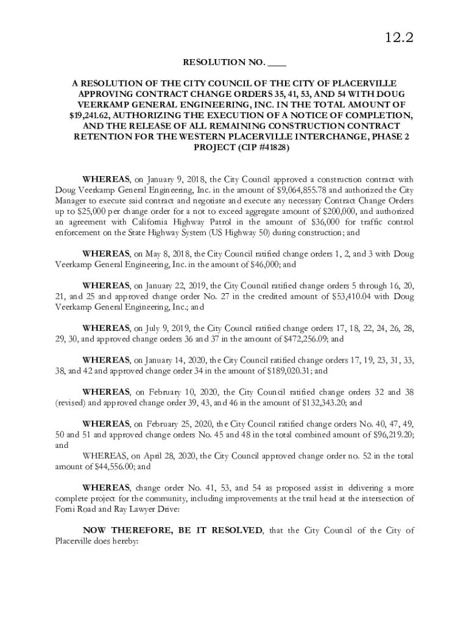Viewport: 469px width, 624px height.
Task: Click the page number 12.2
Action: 399,38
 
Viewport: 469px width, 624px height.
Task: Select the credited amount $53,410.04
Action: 354,297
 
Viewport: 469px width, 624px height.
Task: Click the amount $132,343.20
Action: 323,403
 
